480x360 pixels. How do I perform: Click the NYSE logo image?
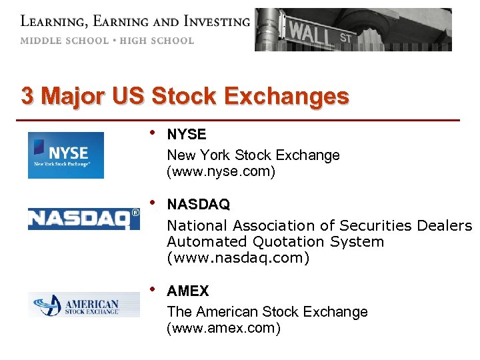click(65, 155)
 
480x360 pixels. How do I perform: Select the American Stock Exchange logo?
click(84, 305)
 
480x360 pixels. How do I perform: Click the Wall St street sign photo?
click(353, 30)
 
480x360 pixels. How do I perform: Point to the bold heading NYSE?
click(187, 135)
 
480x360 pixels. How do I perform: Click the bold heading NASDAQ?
click(198, 204)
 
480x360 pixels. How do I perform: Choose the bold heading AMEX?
click(188, 291)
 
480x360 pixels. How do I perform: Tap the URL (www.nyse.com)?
click(221, 172)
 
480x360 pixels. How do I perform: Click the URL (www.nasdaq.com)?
click(238, 257)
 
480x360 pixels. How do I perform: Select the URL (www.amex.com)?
click(223, 329)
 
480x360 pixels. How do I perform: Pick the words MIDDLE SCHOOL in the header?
click(64, 41)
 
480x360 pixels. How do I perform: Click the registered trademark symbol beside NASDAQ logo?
click(135, 213)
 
